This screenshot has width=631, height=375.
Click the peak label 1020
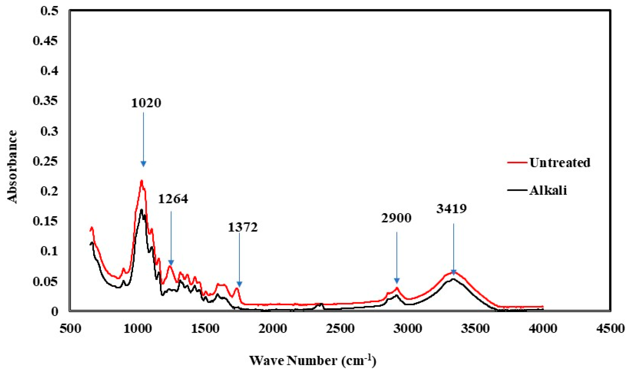[x=146, y=103]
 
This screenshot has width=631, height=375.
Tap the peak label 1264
[x=173, y=199]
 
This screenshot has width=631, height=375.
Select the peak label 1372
[x=242, y=227]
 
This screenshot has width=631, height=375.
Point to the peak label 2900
[x=396, y=218]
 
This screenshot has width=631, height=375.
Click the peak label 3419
[x=452, y=209]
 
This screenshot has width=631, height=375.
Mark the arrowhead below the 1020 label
[x=143, y=164]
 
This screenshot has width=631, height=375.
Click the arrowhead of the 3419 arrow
[x=453, y=272]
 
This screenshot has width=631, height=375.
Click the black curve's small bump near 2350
[x=320, y=304]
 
